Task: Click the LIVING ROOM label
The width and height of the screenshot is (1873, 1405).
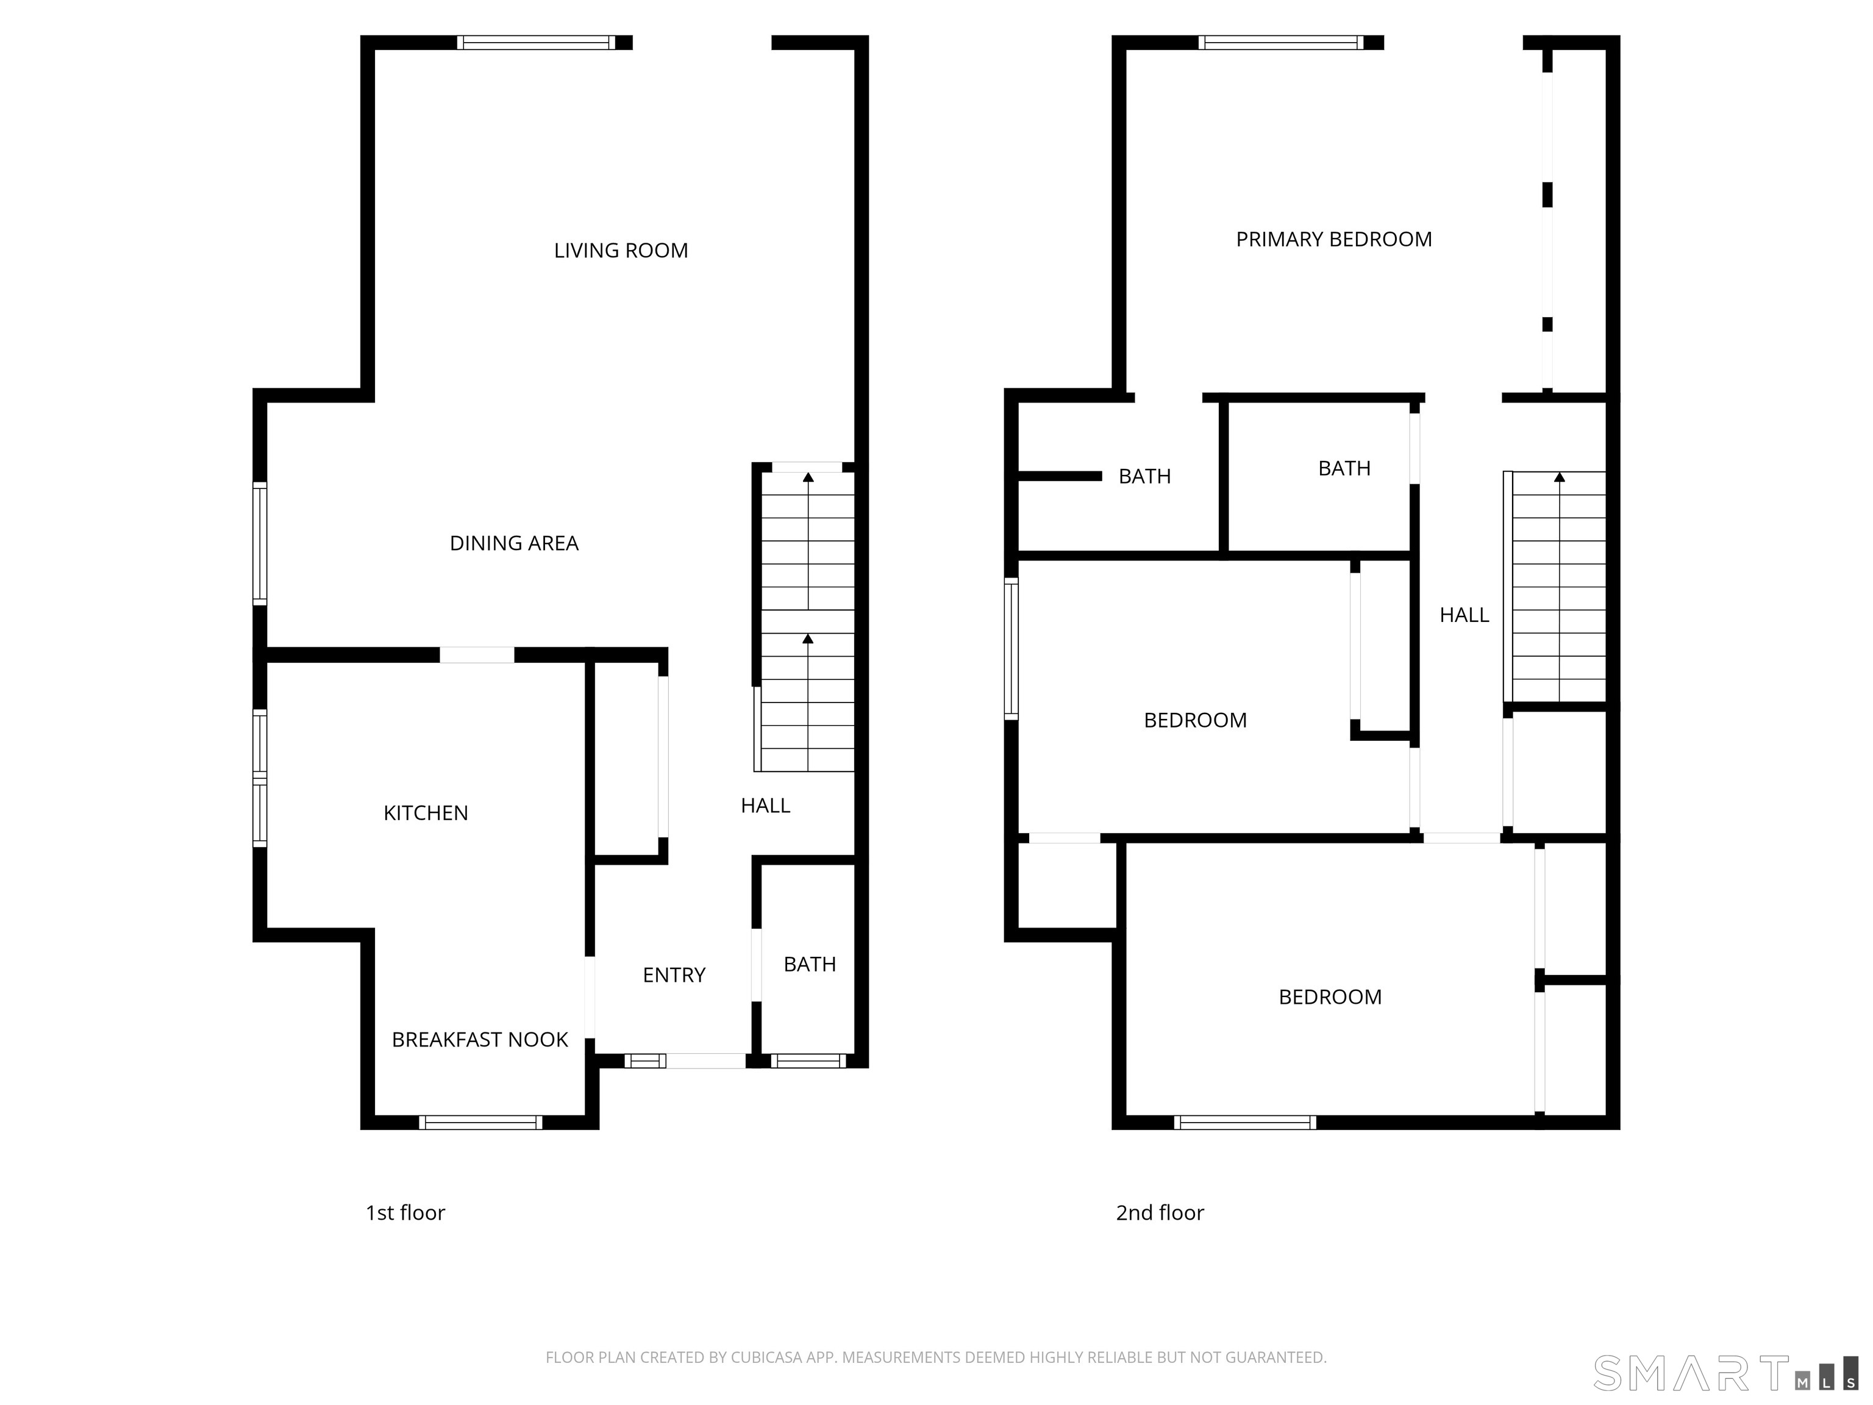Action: pyautogui.click(x=621, y=251)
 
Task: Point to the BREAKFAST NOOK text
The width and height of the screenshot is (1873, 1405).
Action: pyautogui.click(x=479, y=1040)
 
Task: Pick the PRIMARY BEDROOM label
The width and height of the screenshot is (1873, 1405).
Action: pyautogui.click(x=1333, y=240)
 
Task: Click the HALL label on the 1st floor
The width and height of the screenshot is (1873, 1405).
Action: pyautogui.click(x=765, y=806)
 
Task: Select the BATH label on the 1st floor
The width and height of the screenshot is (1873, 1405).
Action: pyautogui.click(x=810, y=965)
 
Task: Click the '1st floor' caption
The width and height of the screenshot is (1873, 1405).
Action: pyautogui.click(x=405, y=1214)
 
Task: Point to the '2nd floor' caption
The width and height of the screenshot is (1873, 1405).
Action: pyautogui.click(x=1159, y=1214)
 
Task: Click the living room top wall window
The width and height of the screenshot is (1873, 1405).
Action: pyautogui.click(x=536, y=42)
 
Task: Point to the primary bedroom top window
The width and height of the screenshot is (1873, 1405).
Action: pyautogui.click(x=1281, y=42)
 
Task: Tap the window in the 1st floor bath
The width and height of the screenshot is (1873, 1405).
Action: pyautogui.click(x=808, y=1060)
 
